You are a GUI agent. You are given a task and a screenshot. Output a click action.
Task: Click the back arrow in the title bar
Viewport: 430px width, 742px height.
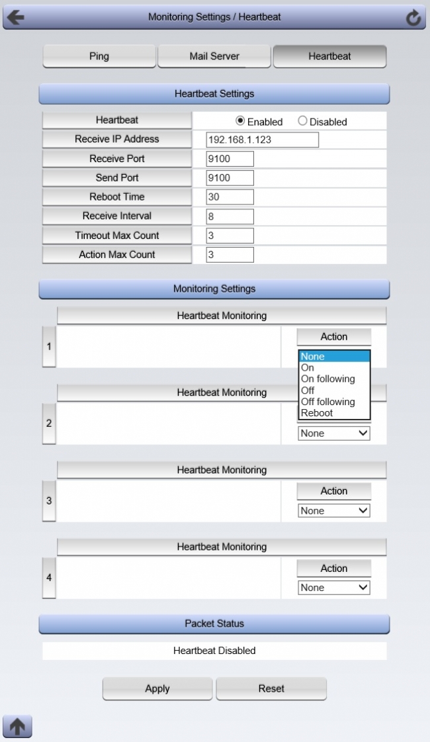(15, 17)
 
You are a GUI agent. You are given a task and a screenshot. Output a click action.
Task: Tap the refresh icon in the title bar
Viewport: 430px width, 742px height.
(413, 18)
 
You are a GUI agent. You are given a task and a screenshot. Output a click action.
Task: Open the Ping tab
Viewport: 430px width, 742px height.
(99, 56)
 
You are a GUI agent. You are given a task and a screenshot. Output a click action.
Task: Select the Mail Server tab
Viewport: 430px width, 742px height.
(214, 56)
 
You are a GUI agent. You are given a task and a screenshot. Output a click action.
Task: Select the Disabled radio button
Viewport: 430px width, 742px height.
(302, 121)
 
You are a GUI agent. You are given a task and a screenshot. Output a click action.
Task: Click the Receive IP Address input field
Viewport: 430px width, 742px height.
(262, 140)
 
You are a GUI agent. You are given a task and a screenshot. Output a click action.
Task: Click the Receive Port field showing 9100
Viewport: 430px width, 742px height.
(230, 159)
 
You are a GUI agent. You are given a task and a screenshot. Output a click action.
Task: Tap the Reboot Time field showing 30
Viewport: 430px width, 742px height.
(230, 197)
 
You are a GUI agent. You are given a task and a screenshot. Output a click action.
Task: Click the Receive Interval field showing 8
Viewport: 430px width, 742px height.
(230, 216)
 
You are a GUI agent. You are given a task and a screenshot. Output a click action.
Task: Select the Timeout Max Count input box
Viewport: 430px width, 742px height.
(230, 236)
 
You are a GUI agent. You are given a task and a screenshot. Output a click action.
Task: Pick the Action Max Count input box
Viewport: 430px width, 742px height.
(230, 255)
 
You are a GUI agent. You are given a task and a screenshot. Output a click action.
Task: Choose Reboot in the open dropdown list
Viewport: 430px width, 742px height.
(317, 413)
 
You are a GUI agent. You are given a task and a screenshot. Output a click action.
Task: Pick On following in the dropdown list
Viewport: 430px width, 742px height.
(327, 379)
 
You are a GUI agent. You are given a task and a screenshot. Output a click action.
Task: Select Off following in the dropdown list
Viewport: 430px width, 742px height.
(327, 402)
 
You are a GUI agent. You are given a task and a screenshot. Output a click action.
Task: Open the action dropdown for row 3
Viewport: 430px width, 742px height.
(334, 511)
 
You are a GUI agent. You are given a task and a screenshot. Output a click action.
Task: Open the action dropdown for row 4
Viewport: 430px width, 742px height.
(334, 588)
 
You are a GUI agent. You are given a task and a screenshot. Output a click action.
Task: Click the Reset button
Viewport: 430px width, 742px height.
(271, 688)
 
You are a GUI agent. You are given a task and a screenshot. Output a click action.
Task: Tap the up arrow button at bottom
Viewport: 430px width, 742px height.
(17, 727)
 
